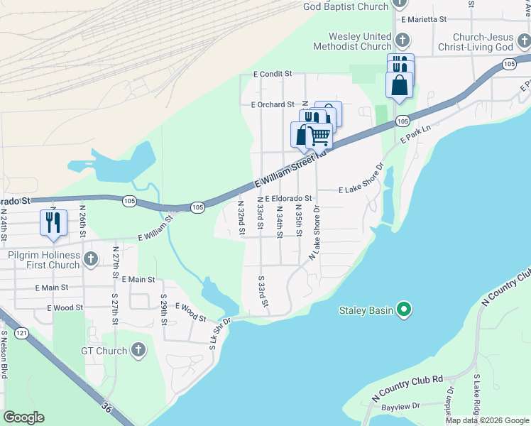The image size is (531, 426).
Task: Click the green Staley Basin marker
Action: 404,309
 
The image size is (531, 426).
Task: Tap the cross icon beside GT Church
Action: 139,350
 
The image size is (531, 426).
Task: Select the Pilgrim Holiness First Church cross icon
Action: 90,260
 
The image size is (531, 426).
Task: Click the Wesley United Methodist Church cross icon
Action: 402,41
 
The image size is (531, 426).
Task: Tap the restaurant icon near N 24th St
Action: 53,222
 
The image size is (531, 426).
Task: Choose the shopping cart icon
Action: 319,134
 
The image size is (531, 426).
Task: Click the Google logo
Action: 23,417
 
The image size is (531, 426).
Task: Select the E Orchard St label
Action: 272,104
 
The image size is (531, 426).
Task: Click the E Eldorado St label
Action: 289,199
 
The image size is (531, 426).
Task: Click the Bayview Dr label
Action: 400,407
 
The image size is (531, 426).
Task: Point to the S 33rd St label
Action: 263,292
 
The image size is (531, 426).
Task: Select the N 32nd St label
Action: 241,218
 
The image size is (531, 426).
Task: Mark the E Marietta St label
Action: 422,19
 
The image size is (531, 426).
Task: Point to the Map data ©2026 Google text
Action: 487,420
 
